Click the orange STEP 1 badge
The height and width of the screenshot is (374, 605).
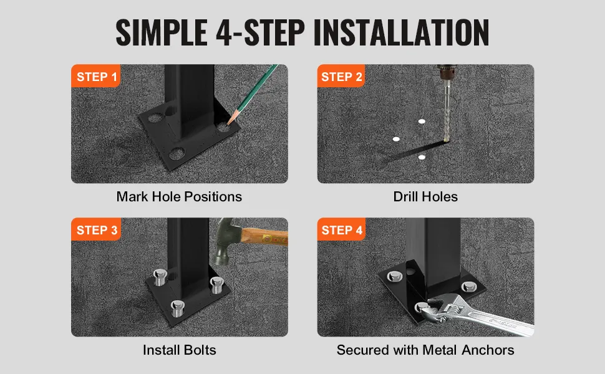tap(95, 76)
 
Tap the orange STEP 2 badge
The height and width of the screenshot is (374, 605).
tap(341, 76)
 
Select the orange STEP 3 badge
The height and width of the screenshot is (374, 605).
tap(96, 229)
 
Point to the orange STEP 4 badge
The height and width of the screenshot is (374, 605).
tap(341, 229)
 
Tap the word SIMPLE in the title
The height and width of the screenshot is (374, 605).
tap(162, 32)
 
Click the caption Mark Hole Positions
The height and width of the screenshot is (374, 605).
tap(179, 196)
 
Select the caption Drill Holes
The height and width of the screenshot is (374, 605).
tap(425, 196)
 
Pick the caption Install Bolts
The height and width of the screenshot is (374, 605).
tap(179, 350)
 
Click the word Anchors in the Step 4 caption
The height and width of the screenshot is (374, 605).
tap(488, 350)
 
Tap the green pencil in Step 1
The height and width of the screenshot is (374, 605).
tap(253, 94)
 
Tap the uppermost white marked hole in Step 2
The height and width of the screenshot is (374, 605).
tap(422, 122)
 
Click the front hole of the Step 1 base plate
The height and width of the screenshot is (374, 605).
tap(177, 154)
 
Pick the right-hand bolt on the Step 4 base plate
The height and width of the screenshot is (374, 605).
tap(468, 287)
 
